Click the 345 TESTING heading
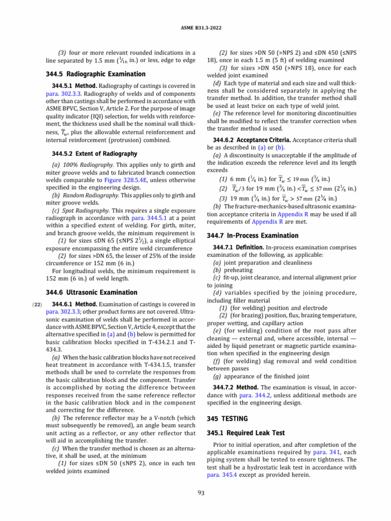coord(228,418)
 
